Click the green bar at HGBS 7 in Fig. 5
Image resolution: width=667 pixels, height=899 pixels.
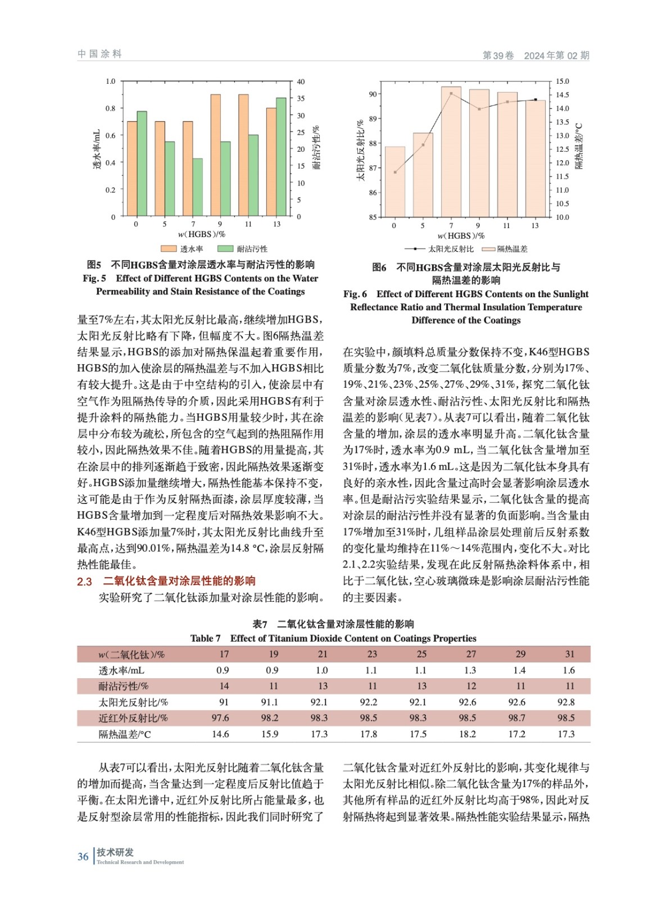[x=198, y=188]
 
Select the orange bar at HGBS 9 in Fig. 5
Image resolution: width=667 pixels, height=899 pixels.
[x=216, y=156]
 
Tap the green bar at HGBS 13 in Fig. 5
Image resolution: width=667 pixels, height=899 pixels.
[x=281, y=157]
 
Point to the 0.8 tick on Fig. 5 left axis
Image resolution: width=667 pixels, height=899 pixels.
[x=111, y=108]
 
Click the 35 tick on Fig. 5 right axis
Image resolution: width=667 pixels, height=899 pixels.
[x=301, y=98]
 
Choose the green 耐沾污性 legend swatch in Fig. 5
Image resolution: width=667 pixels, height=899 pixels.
[x=225, y=249]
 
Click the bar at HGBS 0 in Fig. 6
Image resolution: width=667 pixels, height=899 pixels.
[x=394, y=181]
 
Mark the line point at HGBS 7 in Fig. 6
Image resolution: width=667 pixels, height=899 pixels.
[x=451, y=93]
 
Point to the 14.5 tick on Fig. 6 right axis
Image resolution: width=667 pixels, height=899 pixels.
[x=562, y=95]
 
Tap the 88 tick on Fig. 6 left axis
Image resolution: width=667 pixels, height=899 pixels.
[x=373, y=143]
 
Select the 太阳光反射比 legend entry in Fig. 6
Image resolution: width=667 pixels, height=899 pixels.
[x=439, y=249]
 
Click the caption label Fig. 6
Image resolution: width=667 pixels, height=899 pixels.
[x=355, y=294]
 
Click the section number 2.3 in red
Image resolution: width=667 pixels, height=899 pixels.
[x=84, y=582]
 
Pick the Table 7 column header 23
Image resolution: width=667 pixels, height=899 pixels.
[x=372, y=654]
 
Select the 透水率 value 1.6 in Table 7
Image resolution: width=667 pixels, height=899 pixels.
[x=569, y=670]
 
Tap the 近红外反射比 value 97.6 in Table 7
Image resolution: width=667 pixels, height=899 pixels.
[x=220, y=718]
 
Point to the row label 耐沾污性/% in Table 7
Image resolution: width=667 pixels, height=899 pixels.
[x=124, y=686]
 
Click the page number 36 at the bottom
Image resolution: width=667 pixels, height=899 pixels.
[x=83, y=857]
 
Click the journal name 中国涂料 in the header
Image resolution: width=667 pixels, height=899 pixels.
[x=100, y=54]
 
